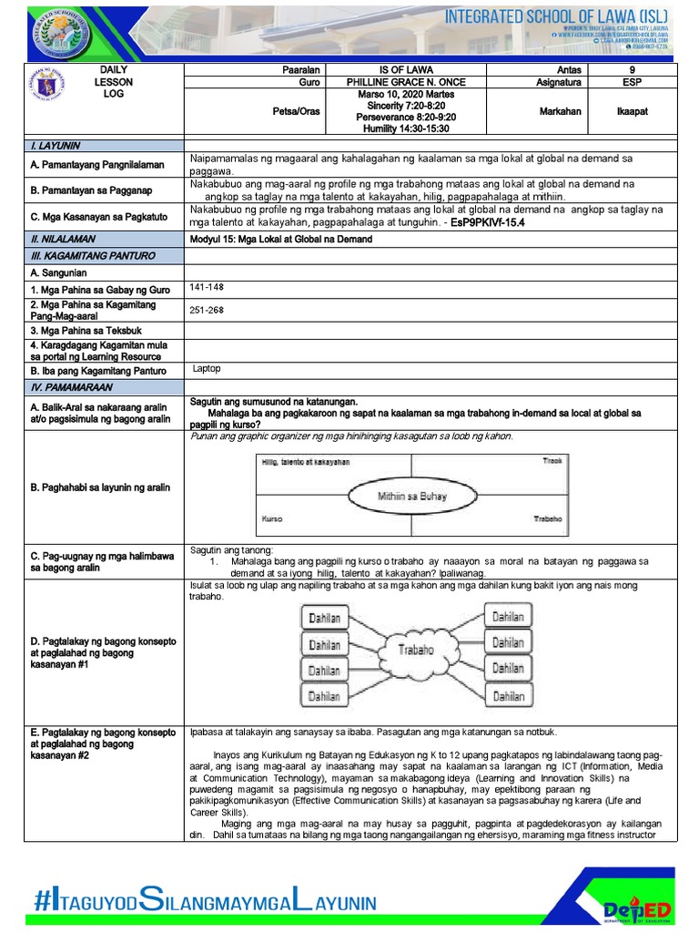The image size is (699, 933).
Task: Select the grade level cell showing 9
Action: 633,69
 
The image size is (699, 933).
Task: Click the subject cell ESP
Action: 633,82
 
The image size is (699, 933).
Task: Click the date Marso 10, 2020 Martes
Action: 409,94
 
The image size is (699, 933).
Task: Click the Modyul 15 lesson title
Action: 277,239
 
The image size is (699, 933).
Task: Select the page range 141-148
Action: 206,287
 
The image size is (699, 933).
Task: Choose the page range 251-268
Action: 206,310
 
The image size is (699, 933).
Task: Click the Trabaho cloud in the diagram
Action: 415,650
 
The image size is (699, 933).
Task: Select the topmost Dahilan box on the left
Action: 323,618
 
